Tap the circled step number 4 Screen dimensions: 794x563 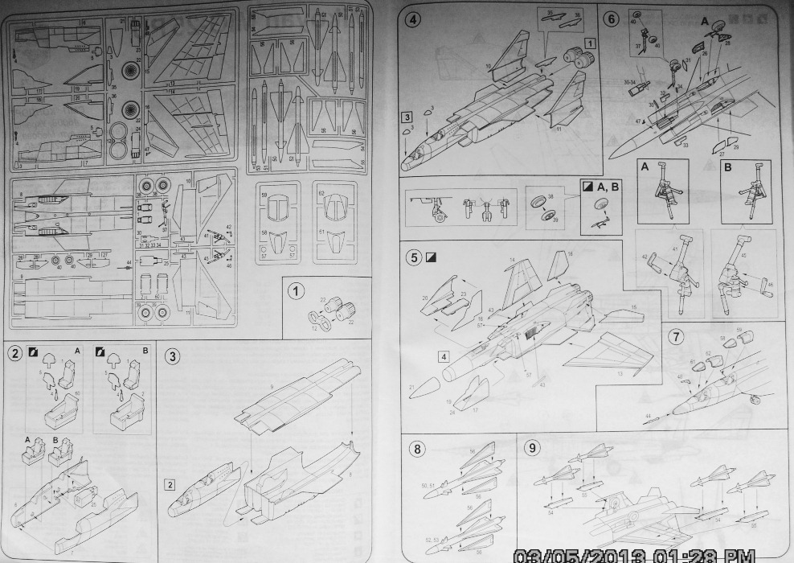[x=413, y=20]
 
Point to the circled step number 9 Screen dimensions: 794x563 [x=532, y=448]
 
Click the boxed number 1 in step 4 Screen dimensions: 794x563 [x=588, y=42]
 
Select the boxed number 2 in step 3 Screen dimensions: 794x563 [x=170, y=484]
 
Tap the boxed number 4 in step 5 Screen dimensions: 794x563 [x=444, y=355]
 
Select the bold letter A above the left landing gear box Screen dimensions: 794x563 [x=645, y=167]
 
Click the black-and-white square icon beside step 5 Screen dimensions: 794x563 [x=432, y=259]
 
